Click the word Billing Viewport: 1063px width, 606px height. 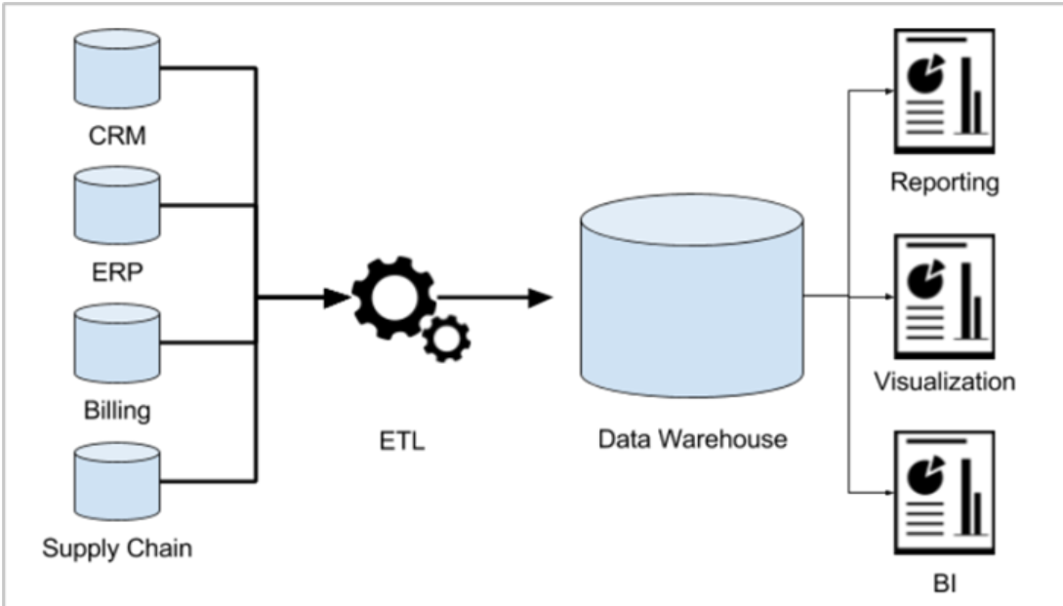[117, 409]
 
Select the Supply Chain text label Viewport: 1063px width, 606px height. [117, 547]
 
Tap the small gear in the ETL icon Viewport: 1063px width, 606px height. [446, 338]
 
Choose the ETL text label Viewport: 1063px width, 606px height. [402, 442]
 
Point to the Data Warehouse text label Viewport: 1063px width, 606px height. [692, 439]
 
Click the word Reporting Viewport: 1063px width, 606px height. [944, 182]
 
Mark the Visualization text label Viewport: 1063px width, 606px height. [944, 381]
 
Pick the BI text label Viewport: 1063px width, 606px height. [943, 585]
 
